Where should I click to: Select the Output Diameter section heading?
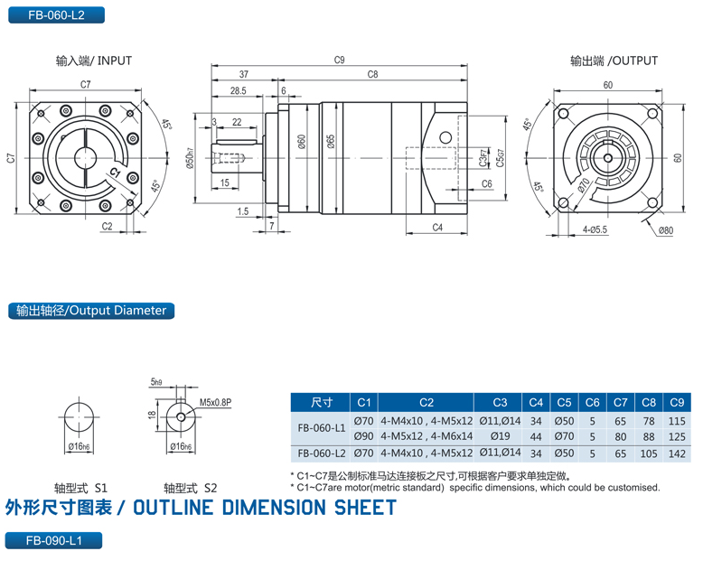(91, 310)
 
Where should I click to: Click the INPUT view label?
(94, 61)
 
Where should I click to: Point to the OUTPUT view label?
(614, 61)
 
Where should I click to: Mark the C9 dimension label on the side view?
(339, 61)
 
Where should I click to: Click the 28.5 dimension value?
(239, 91)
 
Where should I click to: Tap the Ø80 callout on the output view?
(664, 230)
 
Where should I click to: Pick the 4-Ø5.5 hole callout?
(595, 230)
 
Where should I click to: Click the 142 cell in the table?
(675, 453)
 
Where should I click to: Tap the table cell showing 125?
(675, 435)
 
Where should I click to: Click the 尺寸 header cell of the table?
(321, 402)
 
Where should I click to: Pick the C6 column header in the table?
(592, 402)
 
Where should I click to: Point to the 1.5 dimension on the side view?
(243, 211)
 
